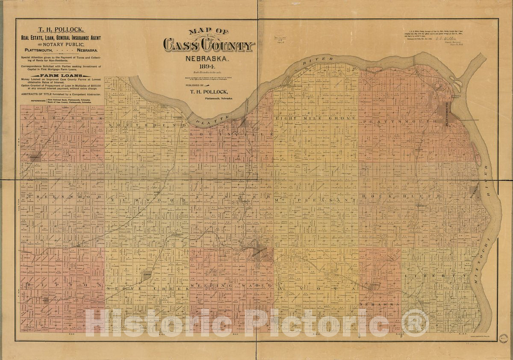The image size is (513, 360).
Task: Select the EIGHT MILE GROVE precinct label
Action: coord(315,118)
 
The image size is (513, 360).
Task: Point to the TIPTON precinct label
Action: coord(60,285)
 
